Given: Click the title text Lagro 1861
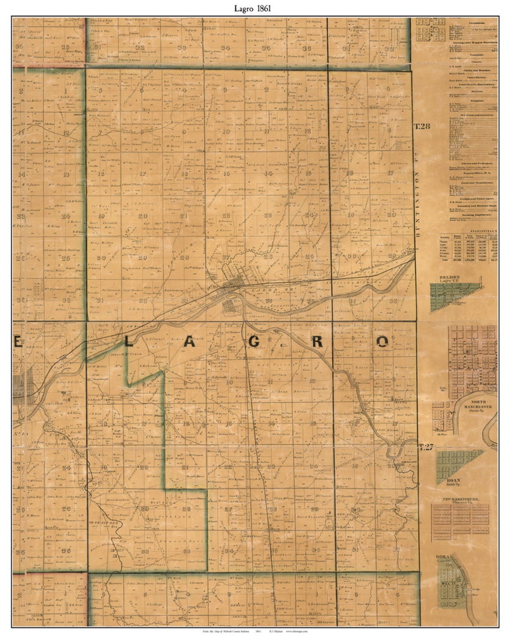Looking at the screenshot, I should pyautogui.click(x=255, y=8).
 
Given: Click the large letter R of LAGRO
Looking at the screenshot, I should pyautogui.click(x=317, y=342).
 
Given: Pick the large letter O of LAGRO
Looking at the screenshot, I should pyautogui.click(x=382, y=342).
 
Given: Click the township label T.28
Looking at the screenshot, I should pyautogui.click(x=423, y=126).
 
